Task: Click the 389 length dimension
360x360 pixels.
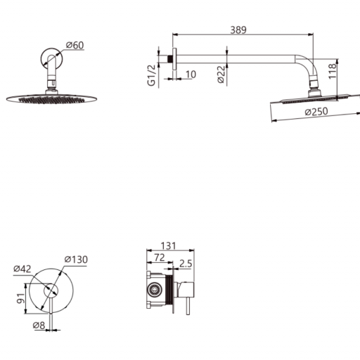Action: coord(238,30)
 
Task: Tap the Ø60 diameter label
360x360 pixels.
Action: coord(75,45)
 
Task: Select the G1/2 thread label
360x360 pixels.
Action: coord(151,75)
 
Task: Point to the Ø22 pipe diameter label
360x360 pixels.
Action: coord(221,75)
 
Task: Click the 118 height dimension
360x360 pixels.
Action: coord(332,71)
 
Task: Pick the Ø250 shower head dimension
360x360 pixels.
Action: coord(316,112)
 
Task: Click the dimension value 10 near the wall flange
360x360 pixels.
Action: coord(191,75)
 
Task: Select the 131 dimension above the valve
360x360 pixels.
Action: coord(168,246)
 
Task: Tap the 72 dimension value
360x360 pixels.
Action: coord(160,257)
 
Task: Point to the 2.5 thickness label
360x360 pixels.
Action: coord(186,264)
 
